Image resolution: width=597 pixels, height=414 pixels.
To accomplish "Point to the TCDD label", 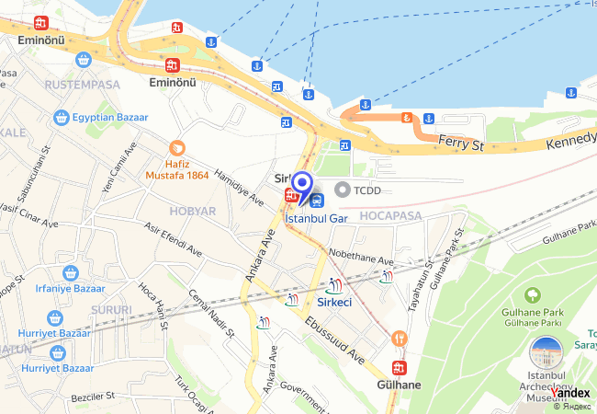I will tap(367, 190).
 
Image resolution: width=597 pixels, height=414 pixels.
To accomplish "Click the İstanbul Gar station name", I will tap(316, 218).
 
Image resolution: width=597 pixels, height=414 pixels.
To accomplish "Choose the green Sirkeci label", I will tap(333, 302).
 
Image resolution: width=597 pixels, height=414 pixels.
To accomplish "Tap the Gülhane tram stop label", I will tap(399, 385).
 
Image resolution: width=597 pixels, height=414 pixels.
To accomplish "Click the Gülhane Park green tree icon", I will tap(531, 295).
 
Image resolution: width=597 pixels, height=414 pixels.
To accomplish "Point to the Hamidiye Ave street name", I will tap(238, 188).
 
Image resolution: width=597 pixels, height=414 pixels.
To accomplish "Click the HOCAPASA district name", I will tap(390, 215).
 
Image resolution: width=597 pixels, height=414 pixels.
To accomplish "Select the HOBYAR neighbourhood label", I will tap(193, 211).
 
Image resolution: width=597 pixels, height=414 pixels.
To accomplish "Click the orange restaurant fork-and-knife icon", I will tap(399, 339).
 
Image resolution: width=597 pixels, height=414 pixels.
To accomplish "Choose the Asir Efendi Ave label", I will tap(170, 237).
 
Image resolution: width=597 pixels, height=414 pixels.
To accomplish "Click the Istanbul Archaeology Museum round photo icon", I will tap(547, 355).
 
